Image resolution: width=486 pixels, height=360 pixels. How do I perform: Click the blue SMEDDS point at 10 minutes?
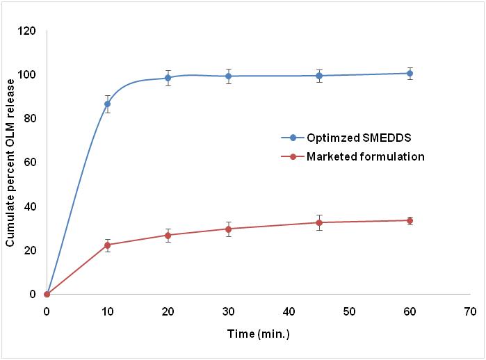tap(107, 104)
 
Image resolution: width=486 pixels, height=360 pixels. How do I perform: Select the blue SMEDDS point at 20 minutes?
tap(168, 78)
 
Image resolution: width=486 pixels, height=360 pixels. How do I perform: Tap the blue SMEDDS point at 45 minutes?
tap(319, 76)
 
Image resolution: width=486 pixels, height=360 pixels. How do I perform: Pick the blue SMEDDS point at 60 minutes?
tap(410, 73)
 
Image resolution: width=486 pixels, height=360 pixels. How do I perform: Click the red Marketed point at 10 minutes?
tap(107, 245)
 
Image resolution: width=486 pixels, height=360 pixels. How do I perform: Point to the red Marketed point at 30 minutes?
tap(228, 229)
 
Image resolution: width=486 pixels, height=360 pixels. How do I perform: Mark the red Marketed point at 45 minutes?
tap(319, 222)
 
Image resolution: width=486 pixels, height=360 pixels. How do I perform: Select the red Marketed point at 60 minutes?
tap(410, 220)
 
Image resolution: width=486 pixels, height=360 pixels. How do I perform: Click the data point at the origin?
tap(47, 294)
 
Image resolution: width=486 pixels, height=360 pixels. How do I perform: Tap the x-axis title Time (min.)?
tap(258, 334)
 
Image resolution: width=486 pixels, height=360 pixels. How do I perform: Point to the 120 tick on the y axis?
tap(28, 31)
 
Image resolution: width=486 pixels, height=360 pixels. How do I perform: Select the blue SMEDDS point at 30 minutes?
tap(228, 76)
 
